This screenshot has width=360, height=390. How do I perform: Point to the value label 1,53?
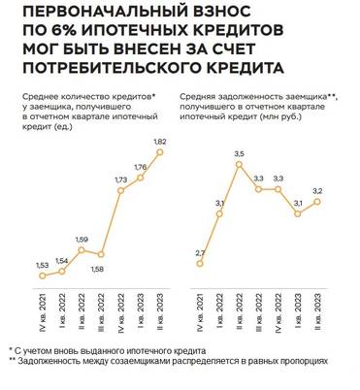click(42, 265)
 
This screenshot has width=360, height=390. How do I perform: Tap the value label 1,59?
click(82, 239)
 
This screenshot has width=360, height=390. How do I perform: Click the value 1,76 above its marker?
click(142, 167)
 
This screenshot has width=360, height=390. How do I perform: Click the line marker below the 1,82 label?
click(161, 151)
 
